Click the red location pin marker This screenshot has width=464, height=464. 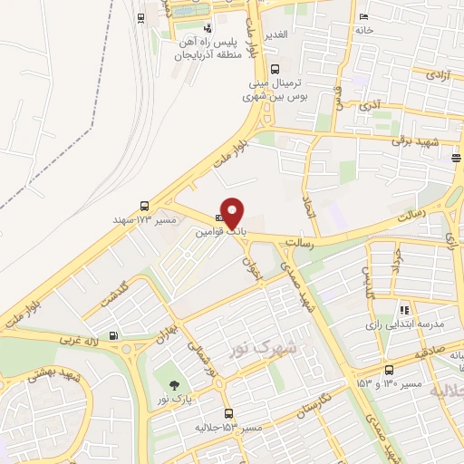[233, 212]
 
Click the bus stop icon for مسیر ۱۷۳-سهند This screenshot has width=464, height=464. [144, 205]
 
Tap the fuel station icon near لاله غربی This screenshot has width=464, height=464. [113, 336]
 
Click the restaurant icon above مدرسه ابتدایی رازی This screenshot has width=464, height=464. [403, 309]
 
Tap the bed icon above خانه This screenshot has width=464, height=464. [364, 17]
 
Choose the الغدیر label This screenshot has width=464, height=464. [275, 34]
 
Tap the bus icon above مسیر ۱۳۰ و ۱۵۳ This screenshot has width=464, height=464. [388, 370]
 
